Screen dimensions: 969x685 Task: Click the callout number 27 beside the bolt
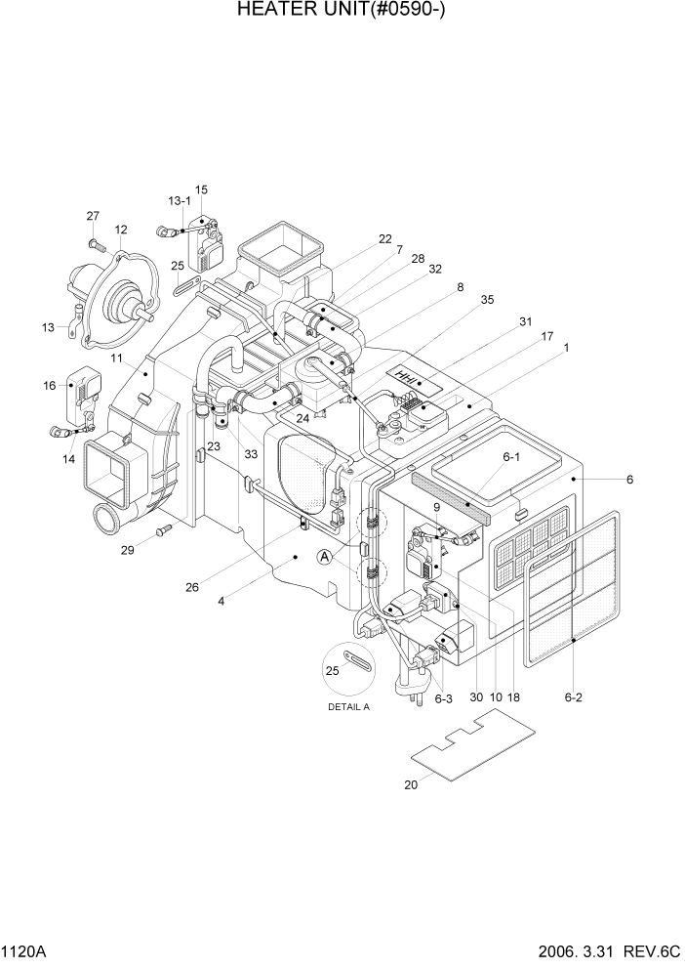(x=94, y=216)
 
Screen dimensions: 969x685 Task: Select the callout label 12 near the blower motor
(x=121, y=231)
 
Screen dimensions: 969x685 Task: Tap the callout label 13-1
(x=180, y=200)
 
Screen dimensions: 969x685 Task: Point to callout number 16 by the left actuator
(x=50, y=386)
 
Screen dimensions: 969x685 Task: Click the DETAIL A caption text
(x=348, y=707)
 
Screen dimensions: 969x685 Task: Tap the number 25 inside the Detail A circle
(x=331, y=671)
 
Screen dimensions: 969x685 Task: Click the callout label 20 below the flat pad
(x=410, y=784)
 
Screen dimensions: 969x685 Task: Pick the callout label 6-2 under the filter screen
(x=574, y=697)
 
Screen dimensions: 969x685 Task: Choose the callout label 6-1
(x=511, y=456)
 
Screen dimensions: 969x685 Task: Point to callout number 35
(x=487, y=302)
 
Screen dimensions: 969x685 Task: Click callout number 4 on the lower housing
(x=222, y=601)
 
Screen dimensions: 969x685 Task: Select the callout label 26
(x=192, y=587)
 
